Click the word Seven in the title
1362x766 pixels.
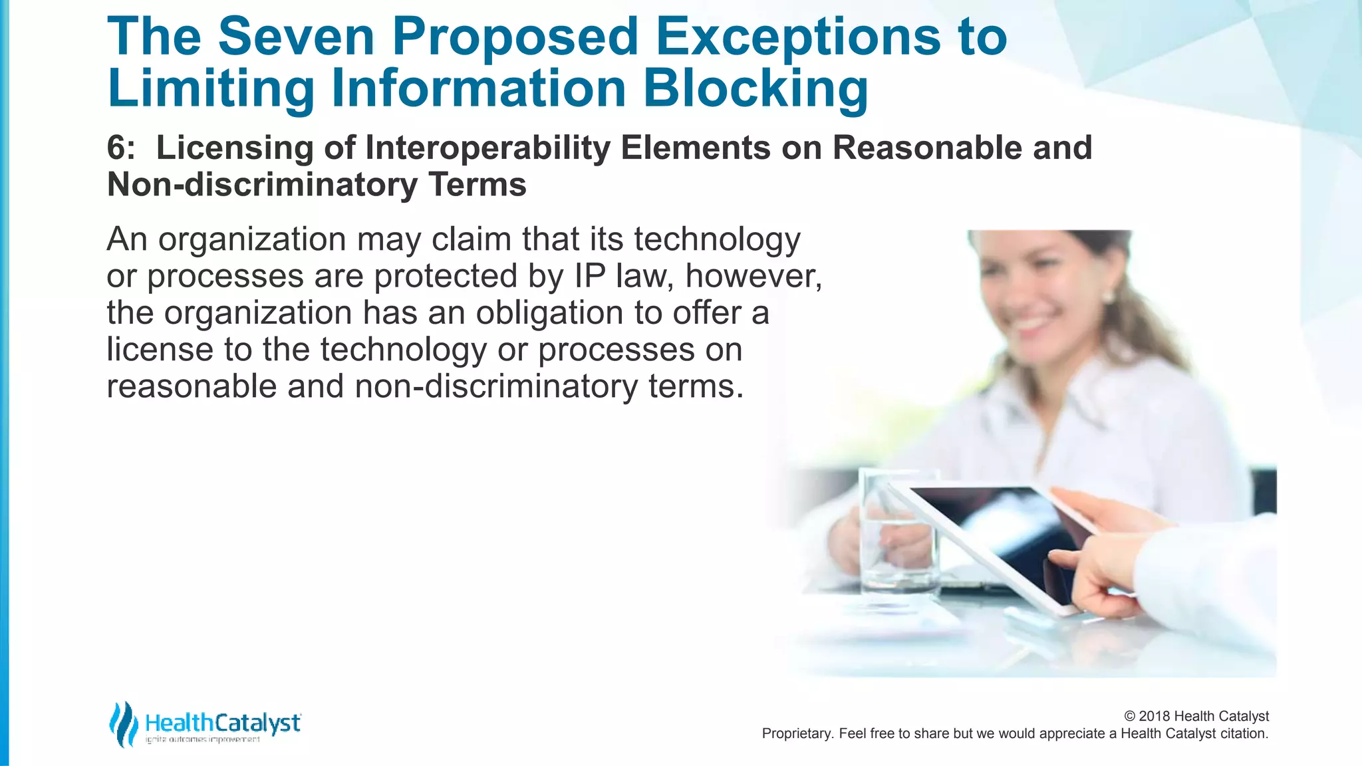[296, 37]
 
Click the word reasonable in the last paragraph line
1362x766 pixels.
[191, 386]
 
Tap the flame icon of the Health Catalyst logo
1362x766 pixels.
[122, 724]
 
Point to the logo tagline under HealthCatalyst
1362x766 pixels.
[202, 740]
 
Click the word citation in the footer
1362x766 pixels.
[1243, 733]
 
